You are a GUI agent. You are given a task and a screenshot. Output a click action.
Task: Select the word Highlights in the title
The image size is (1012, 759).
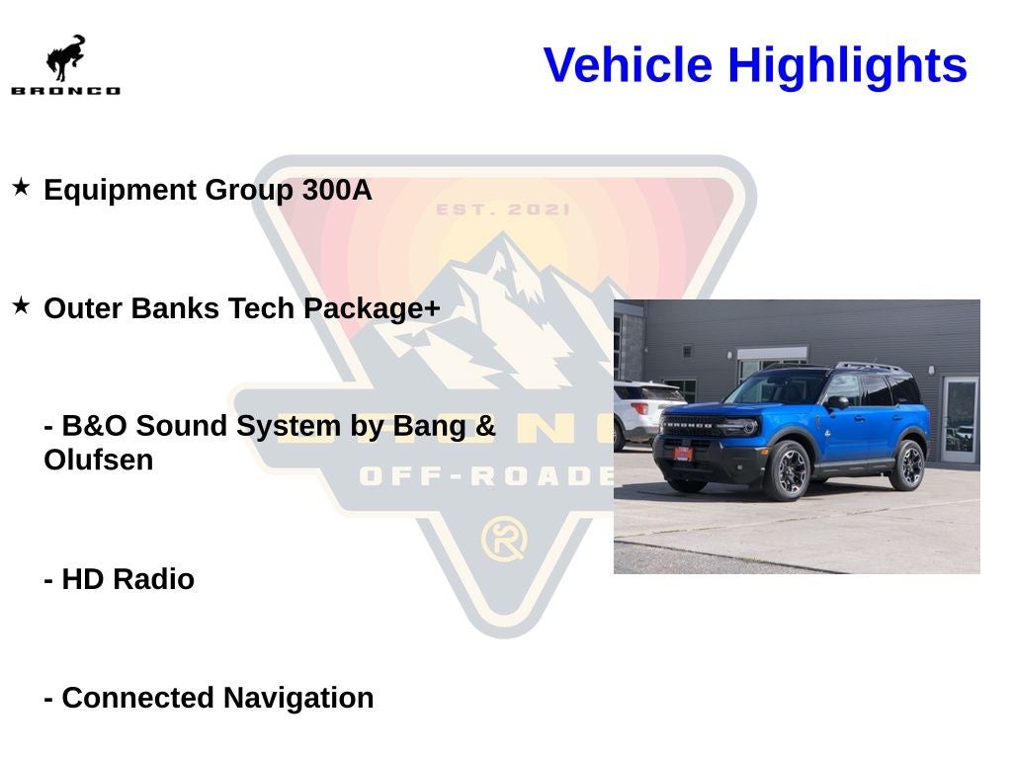[x=847, y=66]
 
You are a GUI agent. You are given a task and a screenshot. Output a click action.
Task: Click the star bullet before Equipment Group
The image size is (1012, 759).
[x=21, y=187]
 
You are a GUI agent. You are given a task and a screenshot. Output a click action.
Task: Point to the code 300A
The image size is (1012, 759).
[x=337, y=190]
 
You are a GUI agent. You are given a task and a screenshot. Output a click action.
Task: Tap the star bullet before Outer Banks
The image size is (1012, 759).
[x=21, y=305]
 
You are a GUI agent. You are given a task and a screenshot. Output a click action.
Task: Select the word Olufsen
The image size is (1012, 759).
[x=99, y=461]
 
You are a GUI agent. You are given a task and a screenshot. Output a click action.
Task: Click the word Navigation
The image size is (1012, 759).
[x=297, y=698]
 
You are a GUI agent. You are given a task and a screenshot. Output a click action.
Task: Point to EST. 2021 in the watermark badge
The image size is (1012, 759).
[x=503, y=210]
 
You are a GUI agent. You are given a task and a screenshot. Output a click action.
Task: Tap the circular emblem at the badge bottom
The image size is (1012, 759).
[x=504, y=540]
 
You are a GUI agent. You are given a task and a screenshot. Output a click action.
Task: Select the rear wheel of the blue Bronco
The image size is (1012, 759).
[x=906, y=465]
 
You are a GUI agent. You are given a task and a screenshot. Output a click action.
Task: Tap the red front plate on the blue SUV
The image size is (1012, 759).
[x=682, y=453]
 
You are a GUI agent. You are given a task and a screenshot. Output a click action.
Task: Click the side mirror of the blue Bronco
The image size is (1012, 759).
[x=836, y=403]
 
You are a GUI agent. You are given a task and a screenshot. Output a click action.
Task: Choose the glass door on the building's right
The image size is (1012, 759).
[x=959, y=419]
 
